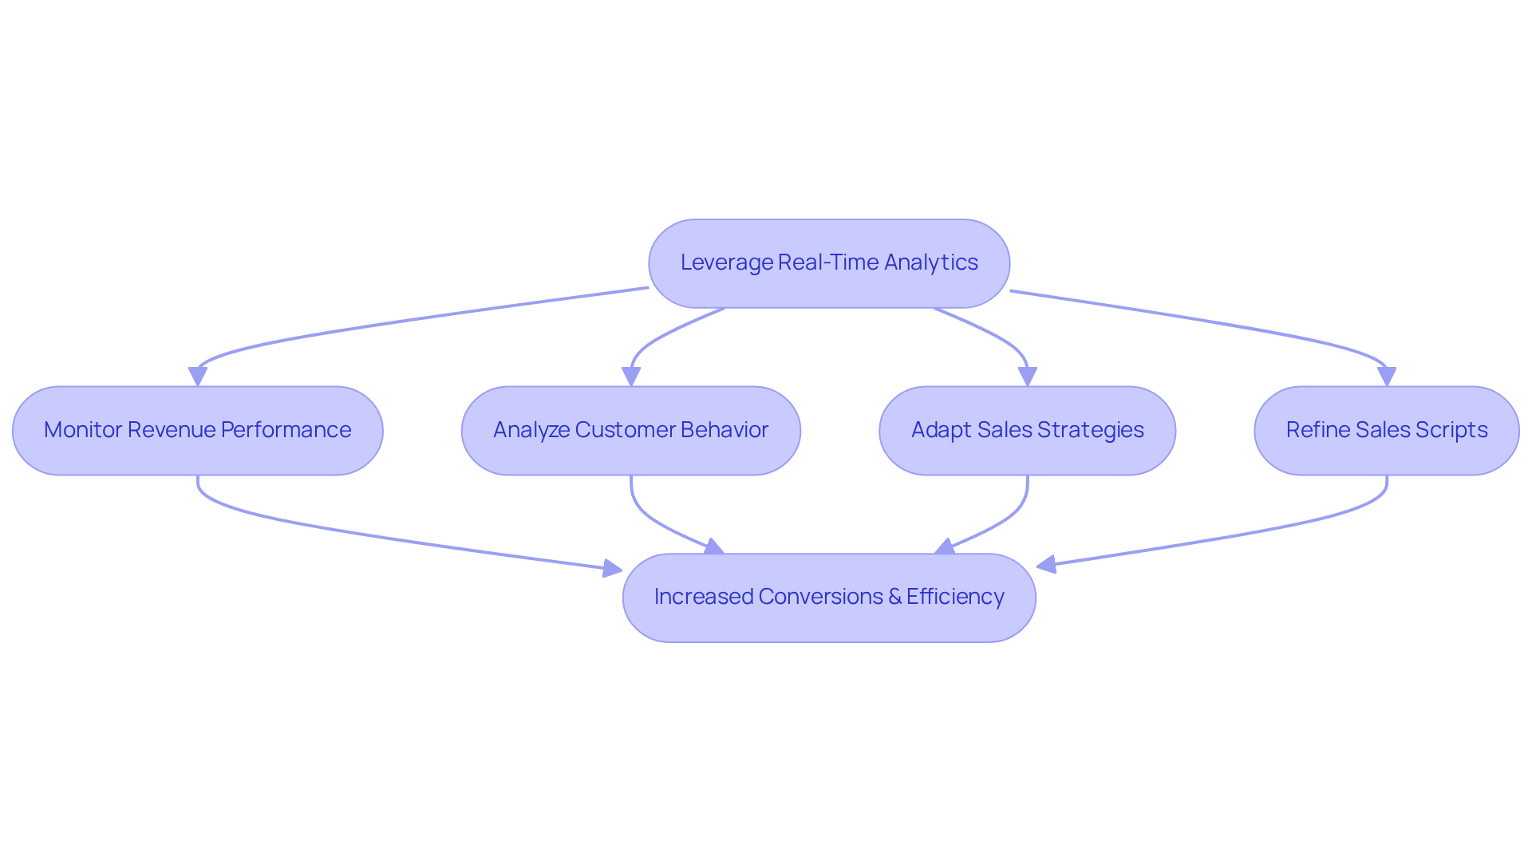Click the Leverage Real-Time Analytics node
[x=829, y=263]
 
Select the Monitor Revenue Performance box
[x=197, y=431]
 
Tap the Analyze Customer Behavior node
[x=630, y=431]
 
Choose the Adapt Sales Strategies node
[x=1027, y=431]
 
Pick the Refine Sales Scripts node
[x=1386, y=431]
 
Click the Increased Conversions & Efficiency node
[x=829, y=598]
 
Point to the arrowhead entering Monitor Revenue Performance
[x=197, y=377]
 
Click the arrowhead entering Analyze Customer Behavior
[x=630, y=377]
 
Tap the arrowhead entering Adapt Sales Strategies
[x=1028, y=377]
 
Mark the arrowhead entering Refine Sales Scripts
[x=1387, y=377]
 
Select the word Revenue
[x=172, y=430]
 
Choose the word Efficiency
[x=955, y=597]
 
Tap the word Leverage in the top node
[x=726, y=262]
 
